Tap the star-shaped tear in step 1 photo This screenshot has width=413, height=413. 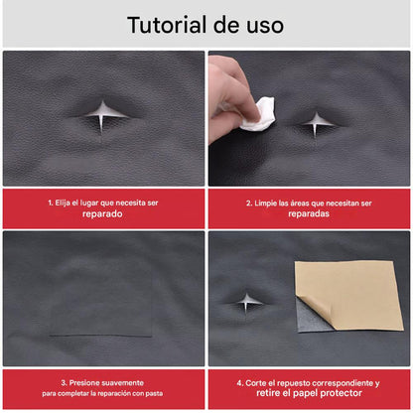102,116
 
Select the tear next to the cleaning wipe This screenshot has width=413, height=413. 318,123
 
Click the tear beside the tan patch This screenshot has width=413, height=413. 245,300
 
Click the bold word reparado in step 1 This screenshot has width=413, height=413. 102,213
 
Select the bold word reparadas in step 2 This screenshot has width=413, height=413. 309,213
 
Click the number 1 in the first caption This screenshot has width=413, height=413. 50,202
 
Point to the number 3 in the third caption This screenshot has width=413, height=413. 63,382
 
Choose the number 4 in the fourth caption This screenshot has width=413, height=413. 239,382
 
